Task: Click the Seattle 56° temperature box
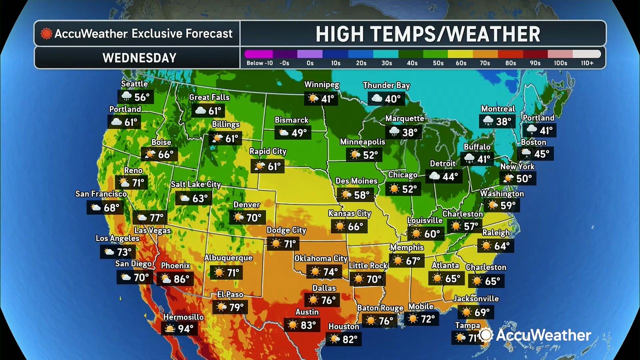click(x=134, y=96)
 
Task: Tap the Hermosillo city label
click(x=183, y=317)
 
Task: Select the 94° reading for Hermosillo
click(x=185, y=328)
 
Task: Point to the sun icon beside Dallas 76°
click(x=313, y=300)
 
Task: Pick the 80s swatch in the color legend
click(x=510, y=54)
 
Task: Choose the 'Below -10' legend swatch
click(x=258, y=54)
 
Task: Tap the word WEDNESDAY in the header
click(x=139, y=58)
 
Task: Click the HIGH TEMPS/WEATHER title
click(x=427, y=34)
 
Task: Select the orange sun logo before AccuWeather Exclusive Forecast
click(x=46, y=34)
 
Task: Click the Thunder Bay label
click(x=386, y=85)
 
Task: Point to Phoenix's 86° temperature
click(x=181, y=278)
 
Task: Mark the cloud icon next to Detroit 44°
click(x=434, y=176)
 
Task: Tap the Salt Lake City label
click(x=195, y=184)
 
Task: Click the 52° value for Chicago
click(x=409, y=188)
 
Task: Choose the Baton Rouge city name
click(x=380, y=308)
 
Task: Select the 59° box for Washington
click(x=501, y=205)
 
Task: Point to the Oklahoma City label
click(x=320, y=258)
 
